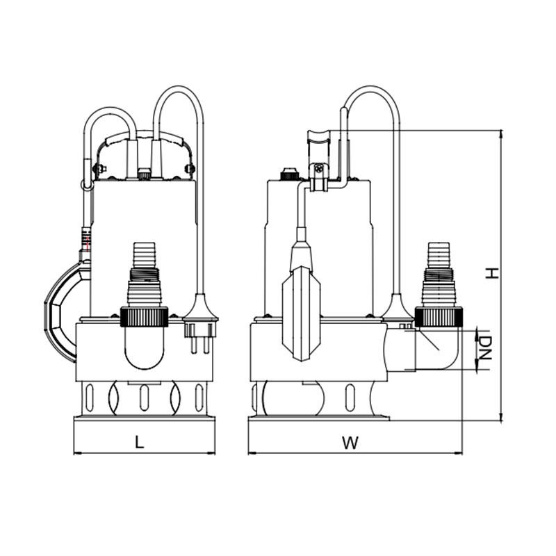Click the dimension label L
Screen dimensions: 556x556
pos(140,442)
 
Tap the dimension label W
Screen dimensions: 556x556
pos(353,443)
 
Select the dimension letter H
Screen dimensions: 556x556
pos(491,273)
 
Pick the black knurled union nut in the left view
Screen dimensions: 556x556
pos(145,316)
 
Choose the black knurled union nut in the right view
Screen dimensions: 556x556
pos(439,316)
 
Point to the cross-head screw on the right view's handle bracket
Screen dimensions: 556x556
pos(319,168)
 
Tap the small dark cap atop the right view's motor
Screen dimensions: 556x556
pos(288,174)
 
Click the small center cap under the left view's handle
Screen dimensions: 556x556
pos(144,174)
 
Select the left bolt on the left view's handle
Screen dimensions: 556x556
pos(99,167)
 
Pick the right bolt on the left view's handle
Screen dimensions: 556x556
pos(189,167)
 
